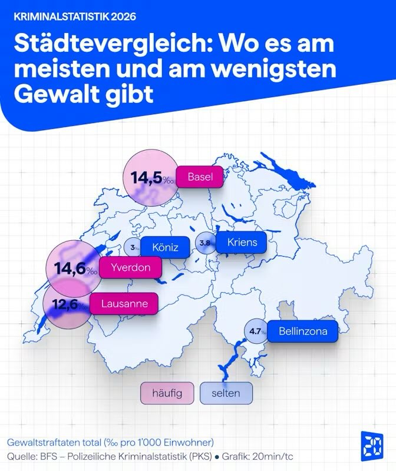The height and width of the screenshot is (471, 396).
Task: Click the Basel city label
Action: click(200, 177)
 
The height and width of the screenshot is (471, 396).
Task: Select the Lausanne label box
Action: click(124, 304)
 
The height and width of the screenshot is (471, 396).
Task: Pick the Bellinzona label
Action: click(303, 331)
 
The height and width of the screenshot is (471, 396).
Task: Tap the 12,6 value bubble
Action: click(67, 305)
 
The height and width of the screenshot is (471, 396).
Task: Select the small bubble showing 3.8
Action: click(205, 243)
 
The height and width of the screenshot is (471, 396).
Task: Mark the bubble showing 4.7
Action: click(255, 332)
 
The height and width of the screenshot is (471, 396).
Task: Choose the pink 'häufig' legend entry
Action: click(167, 393)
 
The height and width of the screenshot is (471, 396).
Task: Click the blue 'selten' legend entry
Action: click(225, 393)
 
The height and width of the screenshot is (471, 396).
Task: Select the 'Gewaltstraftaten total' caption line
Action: click(110, 442)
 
